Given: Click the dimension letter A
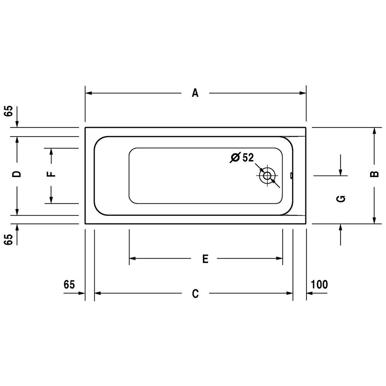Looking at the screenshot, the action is [195, 93].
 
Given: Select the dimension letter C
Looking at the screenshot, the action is [195, 294].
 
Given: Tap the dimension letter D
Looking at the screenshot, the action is [17, 174].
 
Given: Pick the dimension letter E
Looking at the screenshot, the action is [205, 259].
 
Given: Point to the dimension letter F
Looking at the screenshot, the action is [51, 174].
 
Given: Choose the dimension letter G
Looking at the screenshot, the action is [341, 199].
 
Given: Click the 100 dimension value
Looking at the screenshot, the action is [319, 284].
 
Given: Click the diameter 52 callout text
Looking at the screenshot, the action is [242, 157].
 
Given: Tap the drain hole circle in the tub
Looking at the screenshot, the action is [267, 176].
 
